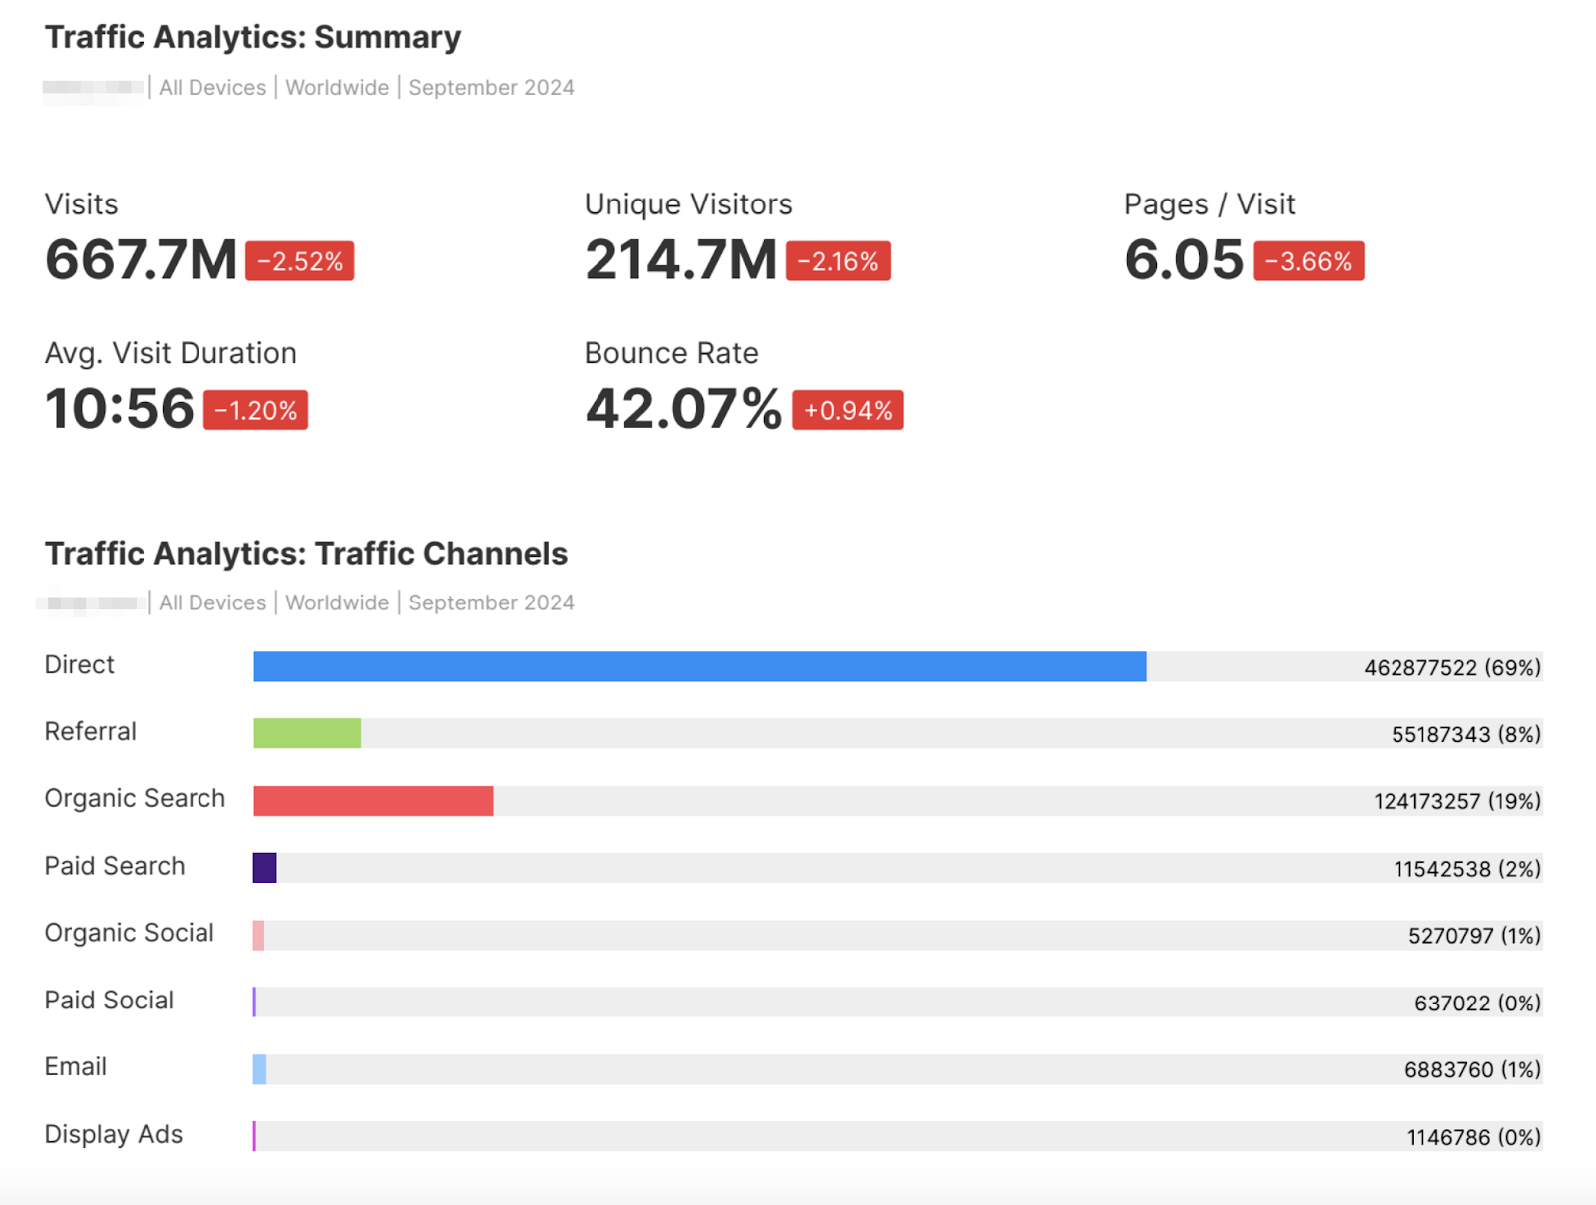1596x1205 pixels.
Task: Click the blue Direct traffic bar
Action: tap(699, 666)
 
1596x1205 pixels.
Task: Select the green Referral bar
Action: tap(307, 733)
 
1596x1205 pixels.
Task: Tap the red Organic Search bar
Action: tap(373, 800)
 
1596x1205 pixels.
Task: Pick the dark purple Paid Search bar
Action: tap(264, 867)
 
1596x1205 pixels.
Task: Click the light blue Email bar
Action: tap(259, 1068)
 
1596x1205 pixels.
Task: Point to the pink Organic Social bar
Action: tap(258, 935)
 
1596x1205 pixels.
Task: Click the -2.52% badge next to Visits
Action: tap(299, 261)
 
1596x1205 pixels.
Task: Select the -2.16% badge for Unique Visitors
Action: tap(838, 261)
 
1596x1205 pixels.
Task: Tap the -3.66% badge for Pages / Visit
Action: tap(1308, 261)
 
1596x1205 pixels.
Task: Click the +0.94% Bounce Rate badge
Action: tap(847, 410)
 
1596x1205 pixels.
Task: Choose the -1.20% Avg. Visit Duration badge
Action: tap(255, 410)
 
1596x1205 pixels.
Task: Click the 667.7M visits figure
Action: tap(141, 260)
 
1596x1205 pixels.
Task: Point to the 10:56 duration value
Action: tap(120, 409)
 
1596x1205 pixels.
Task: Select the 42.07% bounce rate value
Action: tap(683, 409)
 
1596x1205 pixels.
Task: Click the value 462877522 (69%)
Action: tap(1451, 667)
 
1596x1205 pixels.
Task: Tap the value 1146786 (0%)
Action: tap(1473, 1136)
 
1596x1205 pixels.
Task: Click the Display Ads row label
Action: tap(114, 1134)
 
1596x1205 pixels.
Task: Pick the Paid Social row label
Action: tap(109, 1000)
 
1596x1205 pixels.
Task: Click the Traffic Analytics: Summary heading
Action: tap(252, 37)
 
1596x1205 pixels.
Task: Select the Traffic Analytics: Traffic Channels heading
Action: tap(305, 553)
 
